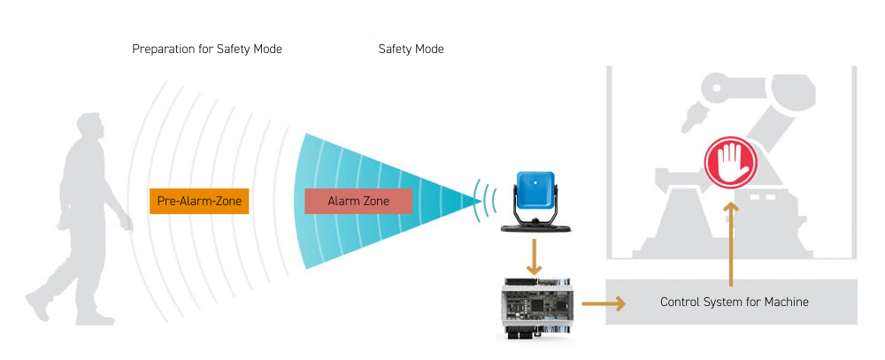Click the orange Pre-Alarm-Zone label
point(199,201)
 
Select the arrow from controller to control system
point(604,303)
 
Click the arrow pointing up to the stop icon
point(731,243)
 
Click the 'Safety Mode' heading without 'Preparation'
point(411,50)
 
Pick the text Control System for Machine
point(734,302)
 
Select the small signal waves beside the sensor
point(483,201)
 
